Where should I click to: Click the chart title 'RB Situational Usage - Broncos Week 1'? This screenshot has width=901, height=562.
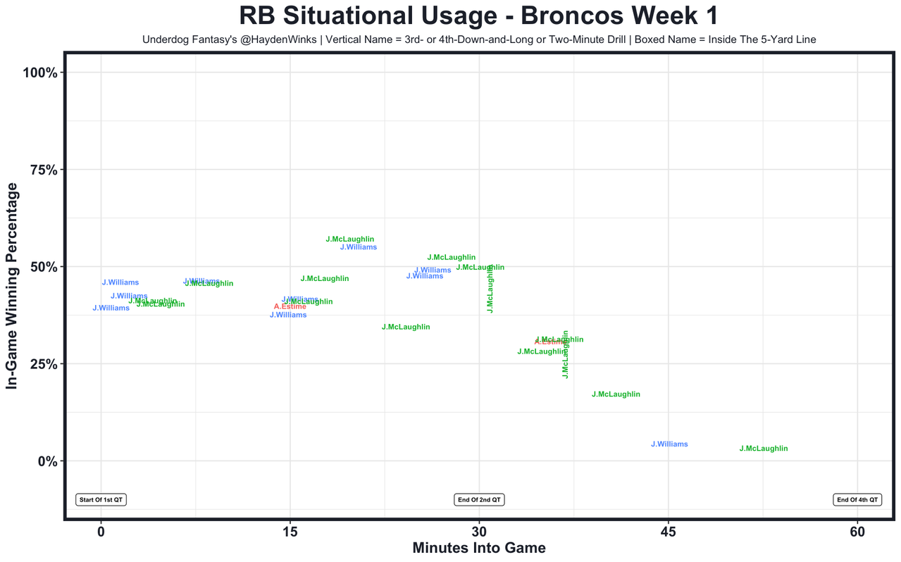[478, 16]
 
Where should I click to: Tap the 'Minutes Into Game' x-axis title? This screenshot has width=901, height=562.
[478, 547]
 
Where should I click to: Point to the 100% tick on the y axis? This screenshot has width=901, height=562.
[45, 73]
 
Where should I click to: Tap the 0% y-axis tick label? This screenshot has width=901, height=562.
[51, 461]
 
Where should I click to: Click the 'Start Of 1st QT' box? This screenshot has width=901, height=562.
[101, 500]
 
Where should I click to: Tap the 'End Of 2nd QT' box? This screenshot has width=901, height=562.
[479, 500]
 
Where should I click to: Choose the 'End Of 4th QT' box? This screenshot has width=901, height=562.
[857, 500]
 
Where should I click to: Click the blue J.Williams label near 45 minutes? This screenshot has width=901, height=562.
[669, 444]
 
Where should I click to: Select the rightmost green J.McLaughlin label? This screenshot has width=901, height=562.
[764, 449]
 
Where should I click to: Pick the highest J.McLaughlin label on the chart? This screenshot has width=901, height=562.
[350, 239]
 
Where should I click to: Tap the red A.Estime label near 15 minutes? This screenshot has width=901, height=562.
[290, 307]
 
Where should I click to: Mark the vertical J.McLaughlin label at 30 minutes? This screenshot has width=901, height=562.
[490, 289]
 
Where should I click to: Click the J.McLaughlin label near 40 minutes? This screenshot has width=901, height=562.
[616, 394]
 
